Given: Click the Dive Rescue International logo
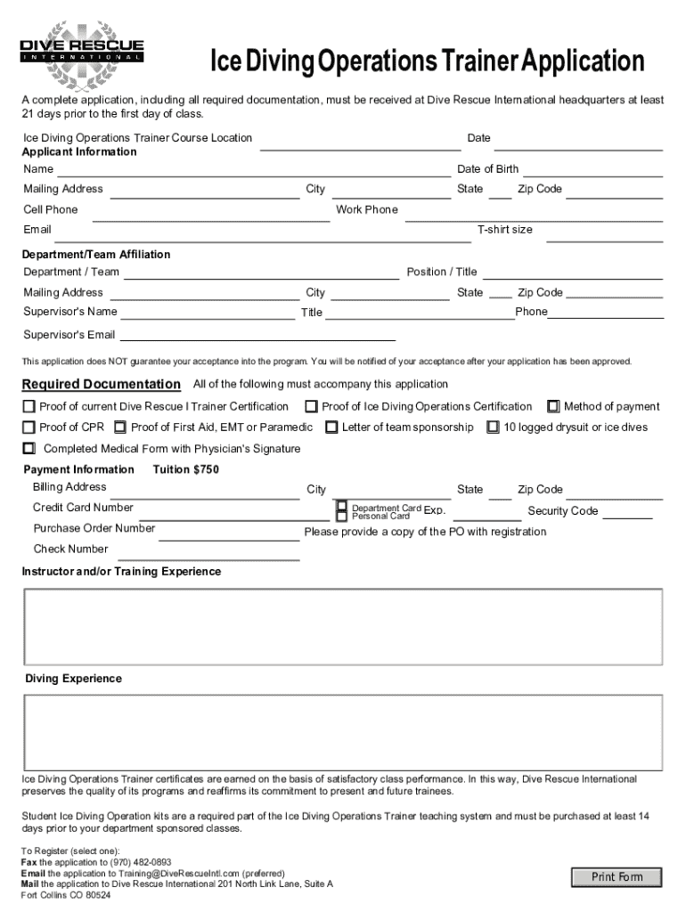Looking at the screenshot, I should (82, 50).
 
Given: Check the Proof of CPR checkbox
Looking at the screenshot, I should (29, 427).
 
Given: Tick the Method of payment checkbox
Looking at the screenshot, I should (553, 407).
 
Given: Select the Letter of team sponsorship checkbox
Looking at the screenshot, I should (331, 427).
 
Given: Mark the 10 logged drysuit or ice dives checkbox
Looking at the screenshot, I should (493, 427).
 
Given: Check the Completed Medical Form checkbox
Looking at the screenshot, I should (29, 449).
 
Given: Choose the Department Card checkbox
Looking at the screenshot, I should (341, 506).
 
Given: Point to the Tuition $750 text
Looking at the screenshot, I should (185, 469).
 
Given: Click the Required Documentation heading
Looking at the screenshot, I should (101, 385).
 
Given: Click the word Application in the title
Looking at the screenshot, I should (583, 62).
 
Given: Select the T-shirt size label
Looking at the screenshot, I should (505, 230).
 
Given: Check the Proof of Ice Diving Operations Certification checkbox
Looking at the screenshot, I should (311, 407).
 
